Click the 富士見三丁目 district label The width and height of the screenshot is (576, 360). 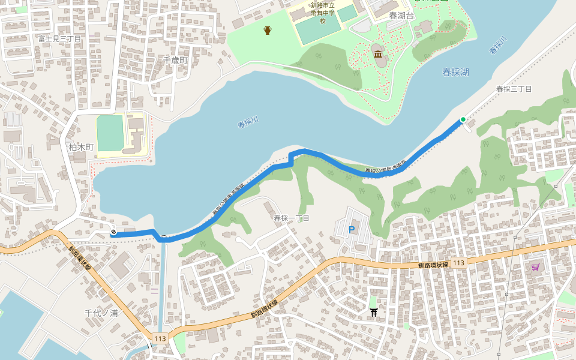[59, 38]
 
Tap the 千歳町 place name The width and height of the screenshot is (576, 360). [176, 61]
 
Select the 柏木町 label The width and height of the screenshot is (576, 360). [82, 147]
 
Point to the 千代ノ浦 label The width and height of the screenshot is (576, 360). [101, 313]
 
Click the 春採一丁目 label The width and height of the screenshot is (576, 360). [292, 218]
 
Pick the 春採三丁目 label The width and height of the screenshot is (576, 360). [514, 89]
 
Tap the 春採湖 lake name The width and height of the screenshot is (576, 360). [456, 72]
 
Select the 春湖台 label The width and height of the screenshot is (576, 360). [401, 16]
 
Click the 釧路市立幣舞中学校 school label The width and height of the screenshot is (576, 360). [322, 13]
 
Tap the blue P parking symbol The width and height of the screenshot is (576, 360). [352, 229]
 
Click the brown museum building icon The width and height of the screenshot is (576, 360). [378, 55]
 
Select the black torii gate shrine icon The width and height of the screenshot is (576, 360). [374, 311]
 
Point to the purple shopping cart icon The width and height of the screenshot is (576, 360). [535, 266]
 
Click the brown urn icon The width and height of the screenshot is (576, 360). [267, 30]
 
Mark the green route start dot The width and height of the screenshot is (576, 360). [463, 119]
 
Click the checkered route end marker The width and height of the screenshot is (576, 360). [113, 233]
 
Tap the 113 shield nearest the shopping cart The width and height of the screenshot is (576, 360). [459, 263]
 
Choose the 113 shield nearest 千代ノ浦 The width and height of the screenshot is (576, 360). [160, 338]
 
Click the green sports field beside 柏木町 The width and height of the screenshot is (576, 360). [110, 133]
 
